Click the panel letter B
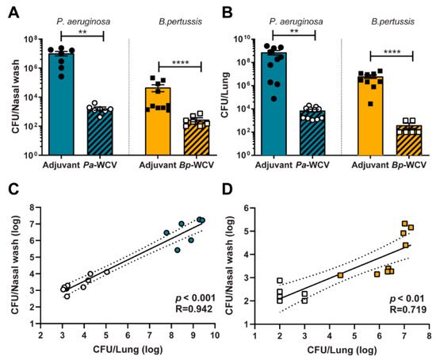[x=228, y=11]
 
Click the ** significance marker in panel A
[x=82, y=32]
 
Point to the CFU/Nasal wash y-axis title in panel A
[x=10, y=95]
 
